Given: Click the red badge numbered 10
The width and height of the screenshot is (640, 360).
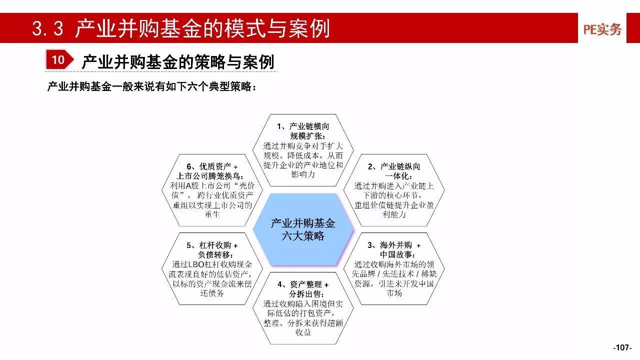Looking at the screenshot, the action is (x=59, y=59).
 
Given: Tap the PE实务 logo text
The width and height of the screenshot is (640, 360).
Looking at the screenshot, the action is (x=602, y=29).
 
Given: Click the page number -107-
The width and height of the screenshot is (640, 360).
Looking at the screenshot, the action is (x=622, y=347).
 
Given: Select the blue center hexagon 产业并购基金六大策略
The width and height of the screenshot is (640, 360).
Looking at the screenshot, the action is (x=303, y=229).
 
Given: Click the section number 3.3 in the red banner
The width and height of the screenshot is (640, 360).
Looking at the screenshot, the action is (x=47, y=28).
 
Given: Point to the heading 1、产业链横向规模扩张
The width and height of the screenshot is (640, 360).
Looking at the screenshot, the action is (x=303, y=131).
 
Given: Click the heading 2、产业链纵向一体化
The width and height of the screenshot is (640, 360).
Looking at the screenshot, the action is (x=394, y=171).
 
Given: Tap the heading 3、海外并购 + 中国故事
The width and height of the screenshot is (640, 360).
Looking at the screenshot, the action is (x=394, y=249).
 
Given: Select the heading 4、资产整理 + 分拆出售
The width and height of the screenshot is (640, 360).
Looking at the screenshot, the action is (x=303, y=289).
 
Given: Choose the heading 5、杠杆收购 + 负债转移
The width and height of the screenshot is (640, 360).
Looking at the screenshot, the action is (x=212, y=249).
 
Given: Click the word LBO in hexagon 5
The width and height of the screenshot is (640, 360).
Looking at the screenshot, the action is (x=196, y=264).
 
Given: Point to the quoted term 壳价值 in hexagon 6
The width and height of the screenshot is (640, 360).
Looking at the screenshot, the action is (x=212, y=190).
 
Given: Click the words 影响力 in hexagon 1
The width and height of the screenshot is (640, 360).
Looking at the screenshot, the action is (x=303, y=174).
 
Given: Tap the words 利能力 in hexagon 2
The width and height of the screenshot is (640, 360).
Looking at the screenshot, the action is (x=394, y=214).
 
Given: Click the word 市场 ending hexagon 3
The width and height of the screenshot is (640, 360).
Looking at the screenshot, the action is (x=394, y=293).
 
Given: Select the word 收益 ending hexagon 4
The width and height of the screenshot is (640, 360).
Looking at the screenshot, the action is (x=303, y=332).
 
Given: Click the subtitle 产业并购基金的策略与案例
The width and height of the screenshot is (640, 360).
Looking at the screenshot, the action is (x=178, y=61).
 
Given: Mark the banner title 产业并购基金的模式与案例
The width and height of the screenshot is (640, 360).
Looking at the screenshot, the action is (x=202, y=28).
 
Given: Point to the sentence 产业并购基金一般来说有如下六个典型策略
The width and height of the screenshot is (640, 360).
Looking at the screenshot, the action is (x=151, y=86).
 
